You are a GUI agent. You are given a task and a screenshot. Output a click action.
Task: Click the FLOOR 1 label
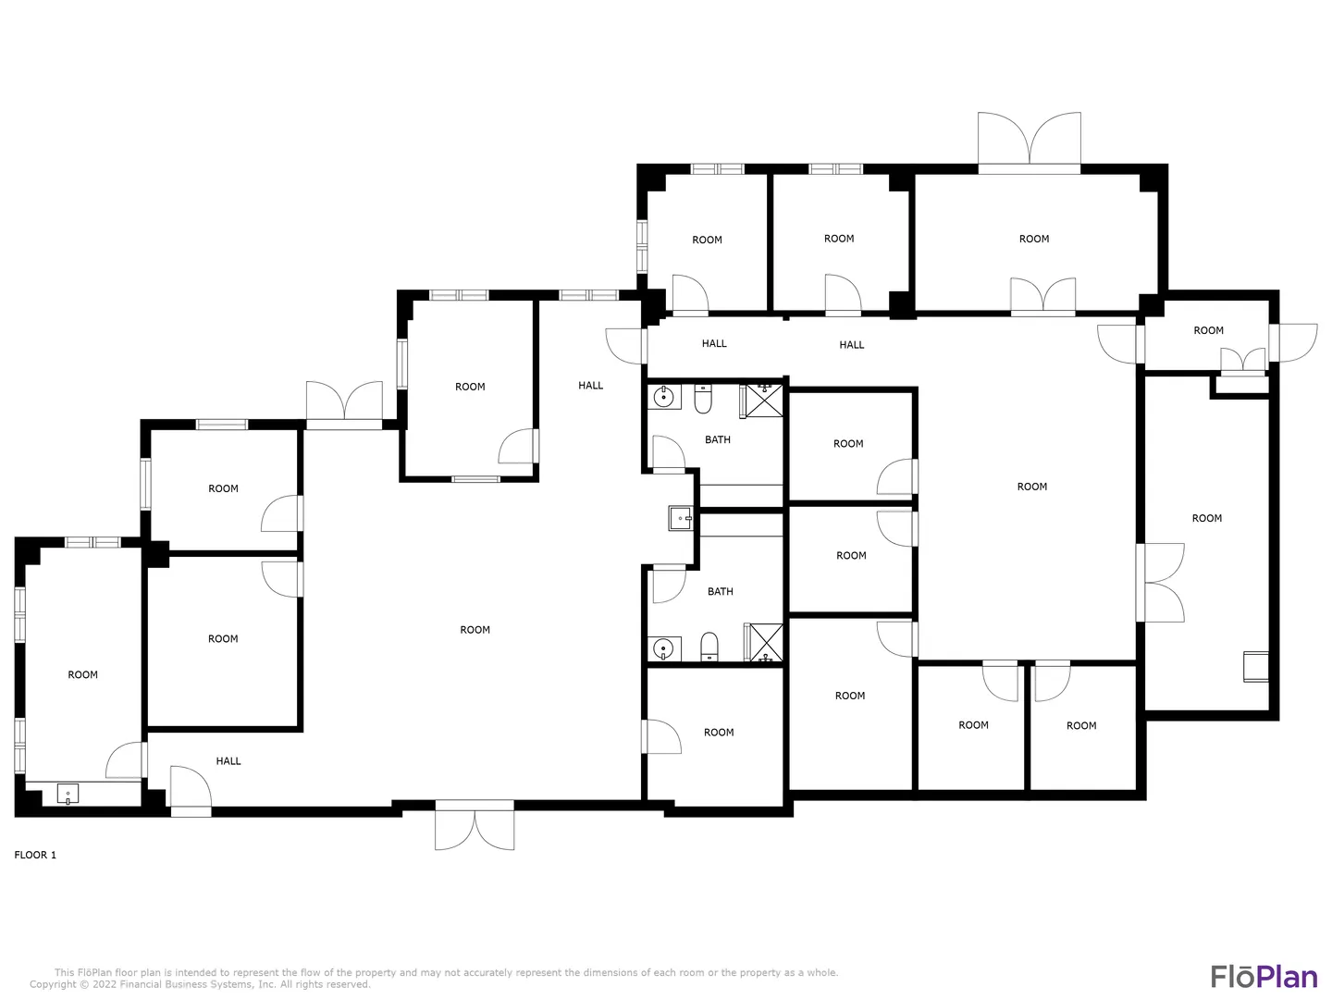(x=35, y=856)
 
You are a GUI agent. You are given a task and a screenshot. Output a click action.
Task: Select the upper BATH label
(x=717, y=439)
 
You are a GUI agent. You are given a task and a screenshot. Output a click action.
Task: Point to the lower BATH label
(x=721, y=591)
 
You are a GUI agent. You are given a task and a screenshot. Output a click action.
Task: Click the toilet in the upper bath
(x=703, y=399)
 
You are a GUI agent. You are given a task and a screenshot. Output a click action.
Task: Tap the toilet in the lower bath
(x=709, y=647)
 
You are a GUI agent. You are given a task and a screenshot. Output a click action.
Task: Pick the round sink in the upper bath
(x=664, y=398)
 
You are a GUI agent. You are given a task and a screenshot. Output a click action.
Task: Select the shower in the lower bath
(x=764, y=642)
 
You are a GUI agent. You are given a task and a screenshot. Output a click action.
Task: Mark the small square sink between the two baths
(x=681, y=519)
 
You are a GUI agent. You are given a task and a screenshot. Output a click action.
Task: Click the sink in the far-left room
(x=68, y=794)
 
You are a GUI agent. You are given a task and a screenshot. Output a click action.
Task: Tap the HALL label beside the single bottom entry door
(x=228, y=761)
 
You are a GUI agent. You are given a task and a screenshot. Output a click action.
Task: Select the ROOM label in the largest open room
(x=475, y=630)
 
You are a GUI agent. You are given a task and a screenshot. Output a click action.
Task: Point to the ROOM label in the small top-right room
(x=1208, y=330)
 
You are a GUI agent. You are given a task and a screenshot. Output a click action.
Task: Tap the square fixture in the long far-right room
(x=1255, y=667)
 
